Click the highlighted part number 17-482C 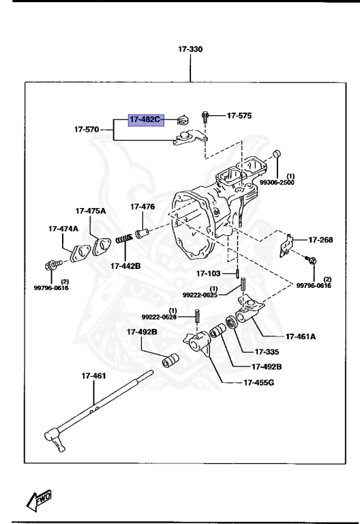click(145, 120)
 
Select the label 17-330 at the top click(190, 49)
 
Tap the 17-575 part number click(239, 116)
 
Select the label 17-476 click(142, 206)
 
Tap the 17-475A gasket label click(91, 211)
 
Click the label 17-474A click(63, 229)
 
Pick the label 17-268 click(320, 239)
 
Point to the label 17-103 click(210, 274)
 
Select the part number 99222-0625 click(200, 294)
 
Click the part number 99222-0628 click(159, 317)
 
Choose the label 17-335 click(268, 352)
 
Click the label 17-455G click(258, 382)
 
